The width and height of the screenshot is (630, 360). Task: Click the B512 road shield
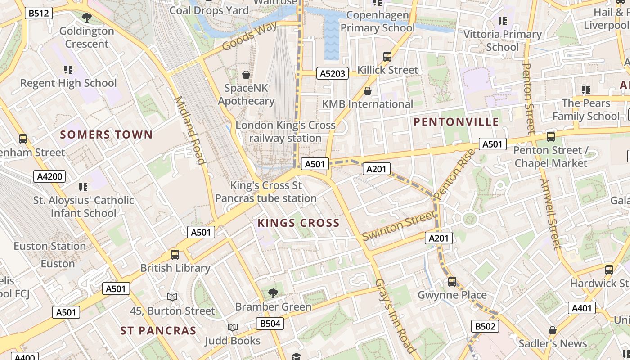tap(38, 13)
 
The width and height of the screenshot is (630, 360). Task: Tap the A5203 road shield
tap(333, 73)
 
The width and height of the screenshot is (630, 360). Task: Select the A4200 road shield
tap(49, 176)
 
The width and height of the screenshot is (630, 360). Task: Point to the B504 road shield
tap(270, 323)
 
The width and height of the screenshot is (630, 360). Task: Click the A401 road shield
tap(582, 308)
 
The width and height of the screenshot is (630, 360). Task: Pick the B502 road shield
tap(485, 326)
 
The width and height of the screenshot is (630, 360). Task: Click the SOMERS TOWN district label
tap(107, 135)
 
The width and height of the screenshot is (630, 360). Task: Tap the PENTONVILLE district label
tap(456, 122)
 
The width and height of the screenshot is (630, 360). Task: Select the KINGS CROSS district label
tap(298, 223)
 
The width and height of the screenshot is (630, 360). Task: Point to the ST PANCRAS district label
tap(158, 331)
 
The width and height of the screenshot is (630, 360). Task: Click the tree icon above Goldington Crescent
tap(86, 18)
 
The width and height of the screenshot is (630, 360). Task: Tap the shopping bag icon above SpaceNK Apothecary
tap(246, 74)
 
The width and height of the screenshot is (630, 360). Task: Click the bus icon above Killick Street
tap(387, 57)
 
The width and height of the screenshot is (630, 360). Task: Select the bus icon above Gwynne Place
tap(452, 282)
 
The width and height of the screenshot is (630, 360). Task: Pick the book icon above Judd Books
tap(232, 327)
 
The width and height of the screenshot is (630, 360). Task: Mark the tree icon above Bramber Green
tap(273, 293)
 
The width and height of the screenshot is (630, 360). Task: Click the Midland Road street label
tap(189, 130)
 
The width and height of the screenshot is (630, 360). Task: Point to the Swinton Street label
tap(399, 226)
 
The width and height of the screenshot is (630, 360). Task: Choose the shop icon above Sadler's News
tap(553, 330)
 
